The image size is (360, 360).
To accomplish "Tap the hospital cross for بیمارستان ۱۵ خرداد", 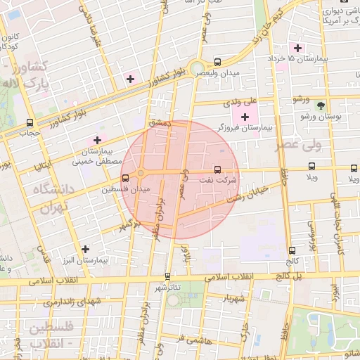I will pos(298,49).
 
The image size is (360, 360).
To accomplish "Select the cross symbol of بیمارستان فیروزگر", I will pos(245,117).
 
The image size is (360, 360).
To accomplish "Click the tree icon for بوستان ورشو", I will pos(321,105).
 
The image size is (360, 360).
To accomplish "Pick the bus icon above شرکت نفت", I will pos(217,169).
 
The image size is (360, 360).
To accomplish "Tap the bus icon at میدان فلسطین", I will pos(125,178).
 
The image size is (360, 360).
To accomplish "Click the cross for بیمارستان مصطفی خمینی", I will pos(97,141).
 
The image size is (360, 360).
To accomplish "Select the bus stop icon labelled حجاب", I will pos(29,122).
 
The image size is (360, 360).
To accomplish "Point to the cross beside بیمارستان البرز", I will pos(85,249).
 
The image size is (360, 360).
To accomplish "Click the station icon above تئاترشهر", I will pos(167,276).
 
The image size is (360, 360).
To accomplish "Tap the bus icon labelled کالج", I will pos(292,250).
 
